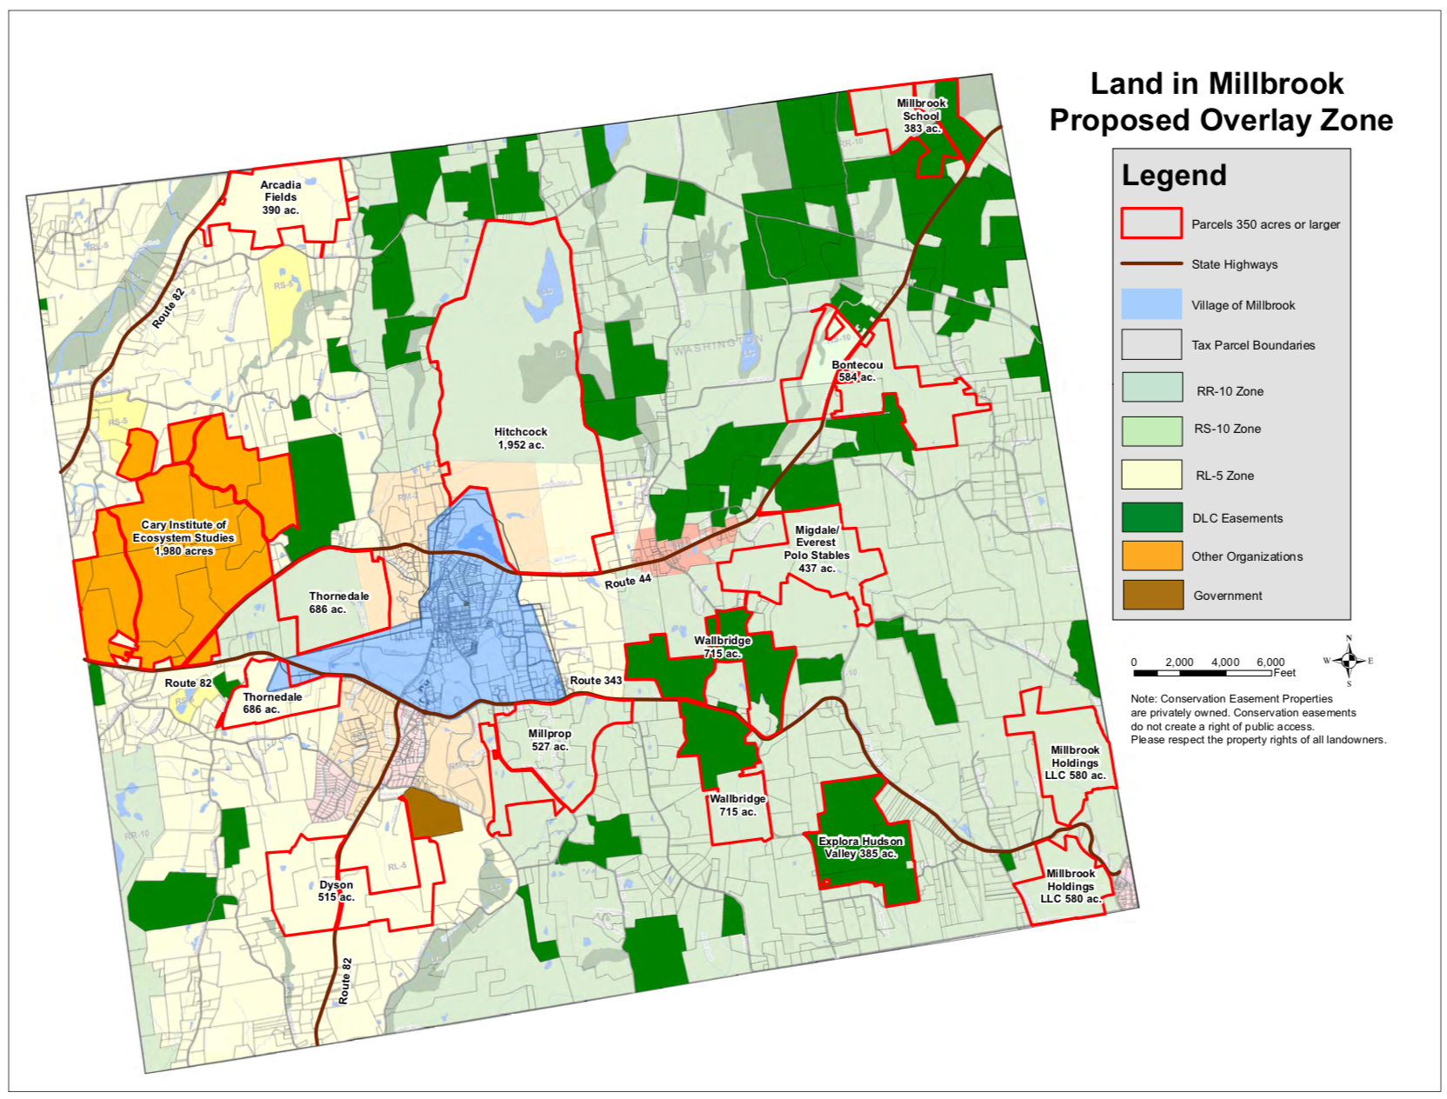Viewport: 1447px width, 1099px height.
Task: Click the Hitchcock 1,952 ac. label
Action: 521,438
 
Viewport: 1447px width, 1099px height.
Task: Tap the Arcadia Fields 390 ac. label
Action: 280,197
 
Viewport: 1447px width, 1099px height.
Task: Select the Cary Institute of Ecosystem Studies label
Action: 183,537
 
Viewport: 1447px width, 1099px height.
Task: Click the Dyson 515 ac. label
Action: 336,890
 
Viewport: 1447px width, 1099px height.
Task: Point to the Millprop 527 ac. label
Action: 550,740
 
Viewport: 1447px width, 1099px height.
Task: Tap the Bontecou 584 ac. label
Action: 857,371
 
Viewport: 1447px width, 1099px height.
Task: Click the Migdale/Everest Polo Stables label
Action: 817,549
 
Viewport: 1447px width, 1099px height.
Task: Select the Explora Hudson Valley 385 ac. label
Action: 861,847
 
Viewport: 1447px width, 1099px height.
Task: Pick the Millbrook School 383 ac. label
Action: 921,116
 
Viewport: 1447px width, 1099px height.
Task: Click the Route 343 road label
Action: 596,680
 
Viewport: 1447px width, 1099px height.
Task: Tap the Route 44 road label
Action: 628,582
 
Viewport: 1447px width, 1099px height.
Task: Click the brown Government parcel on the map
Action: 433,813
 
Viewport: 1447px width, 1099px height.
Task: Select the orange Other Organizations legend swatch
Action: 1151,556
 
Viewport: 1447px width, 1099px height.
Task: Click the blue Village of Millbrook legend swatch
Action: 1151,304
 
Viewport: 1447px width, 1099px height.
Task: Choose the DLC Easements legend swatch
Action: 1151,517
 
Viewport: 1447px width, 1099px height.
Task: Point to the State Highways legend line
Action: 1151,263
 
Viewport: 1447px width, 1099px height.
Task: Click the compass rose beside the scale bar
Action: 1349,661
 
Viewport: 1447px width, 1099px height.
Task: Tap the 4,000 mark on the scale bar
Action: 1224,663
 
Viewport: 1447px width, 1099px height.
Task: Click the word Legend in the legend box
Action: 1173,176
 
